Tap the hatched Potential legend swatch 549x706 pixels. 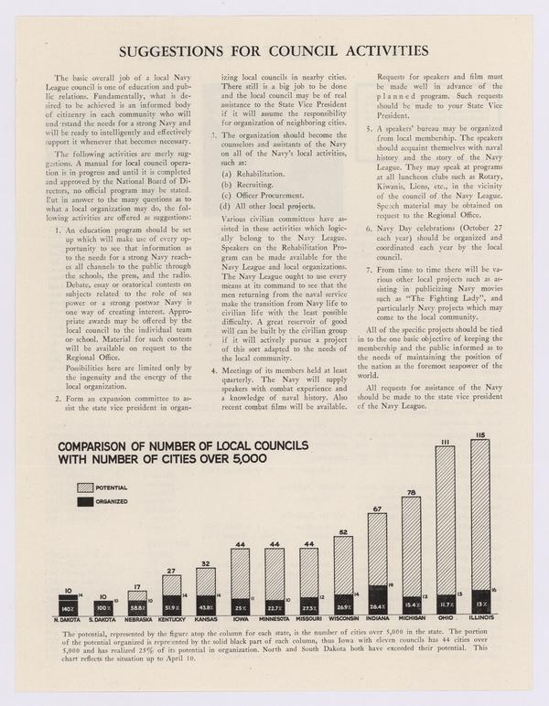(86, 487)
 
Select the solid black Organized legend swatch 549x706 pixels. (86, 501)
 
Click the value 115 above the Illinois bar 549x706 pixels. (479, 433)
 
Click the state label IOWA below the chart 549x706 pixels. (240, 619)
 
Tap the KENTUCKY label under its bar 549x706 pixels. (171, 619)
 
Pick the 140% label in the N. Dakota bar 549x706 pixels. (69, 607)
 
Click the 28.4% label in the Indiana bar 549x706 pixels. (377, 605)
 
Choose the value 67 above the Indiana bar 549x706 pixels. (377, 508)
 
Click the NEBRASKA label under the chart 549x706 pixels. (137, 619)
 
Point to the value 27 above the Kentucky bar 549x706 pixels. (171, 570)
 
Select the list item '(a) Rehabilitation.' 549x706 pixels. (247, 172)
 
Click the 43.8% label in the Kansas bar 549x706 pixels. (206, 607)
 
